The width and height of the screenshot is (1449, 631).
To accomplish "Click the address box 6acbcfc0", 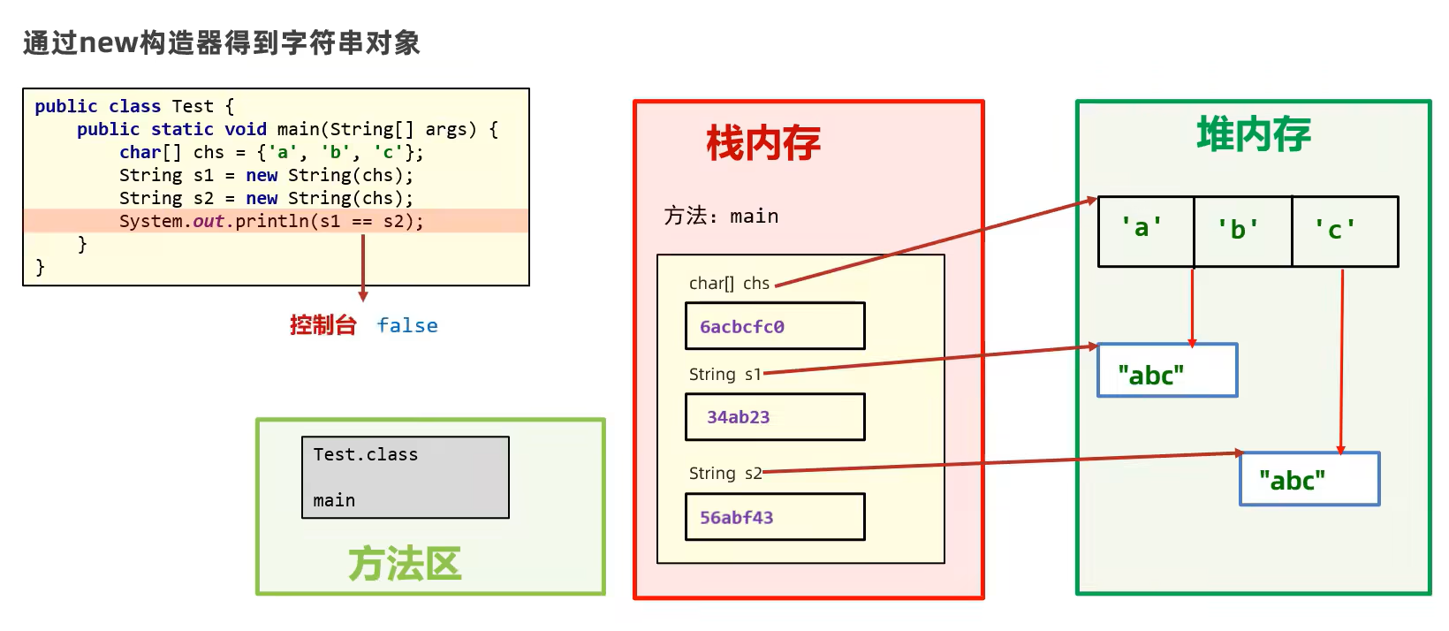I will click(774, 326).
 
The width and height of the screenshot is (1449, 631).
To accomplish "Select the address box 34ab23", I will click(774, 417).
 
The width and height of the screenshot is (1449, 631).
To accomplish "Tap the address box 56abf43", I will click(774, 517).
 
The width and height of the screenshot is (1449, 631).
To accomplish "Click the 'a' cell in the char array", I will click(1144, 231).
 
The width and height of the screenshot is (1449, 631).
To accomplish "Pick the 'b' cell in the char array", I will click(1241, 231).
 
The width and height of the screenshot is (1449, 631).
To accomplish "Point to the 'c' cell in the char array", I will click(1343, 231).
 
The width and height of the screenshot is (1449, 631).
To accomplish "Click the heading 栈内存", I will click(763, 143).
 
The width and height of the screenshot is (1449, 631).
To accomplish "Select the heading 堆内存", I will click(1253, 134).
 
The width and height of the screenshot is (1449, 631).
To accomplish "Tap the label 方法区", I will click(405, 564).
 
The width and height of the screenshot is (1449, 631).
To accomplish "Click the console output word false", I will click(407, 325).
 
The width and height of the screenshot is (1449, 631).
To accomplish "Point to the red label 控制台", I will click(322, 325).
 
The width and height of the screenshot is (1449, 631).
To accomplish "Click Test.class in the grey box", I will click(365, 454).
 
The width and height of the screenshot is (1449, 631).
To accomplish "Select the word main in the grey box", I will click(334, 500).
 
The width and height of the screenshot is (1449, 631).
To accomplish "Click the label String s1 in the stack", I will click(724, 375).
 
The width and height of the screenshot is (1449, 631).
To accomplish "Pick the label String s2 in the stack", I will click(724, 474).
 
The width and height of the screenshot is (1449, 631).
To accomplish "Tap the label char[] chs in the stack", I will click(729, 284).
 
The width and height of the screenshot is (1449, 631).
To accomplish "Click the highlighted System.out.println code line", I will click(271, 221).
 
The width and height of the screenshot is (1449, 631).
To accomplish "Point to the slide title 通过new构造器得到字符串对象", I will click(222, 42).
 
